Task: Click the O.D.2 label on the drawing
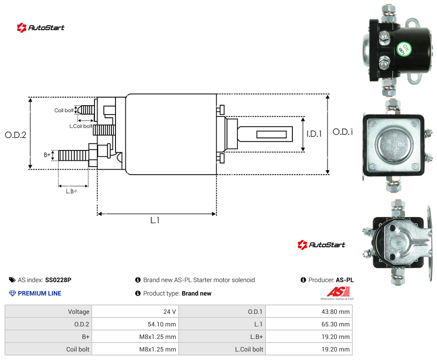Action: click(16, 135)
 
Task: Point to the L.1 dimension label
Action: click(154, 220)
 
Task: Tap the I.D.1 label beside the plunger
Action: click(314, 134)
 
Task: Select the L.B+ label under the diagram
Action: click(71, 191)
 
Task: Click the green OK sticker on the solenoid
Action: click(403, 49)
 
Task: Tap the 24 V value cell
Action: click(136, 312)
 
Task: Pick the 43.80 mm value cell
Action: click(309, 312)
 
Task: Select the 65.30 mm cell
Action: click(309, 324)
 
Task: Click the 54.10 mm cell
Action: click(136, 324)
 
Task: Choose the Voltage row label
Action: click(79, 312)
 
